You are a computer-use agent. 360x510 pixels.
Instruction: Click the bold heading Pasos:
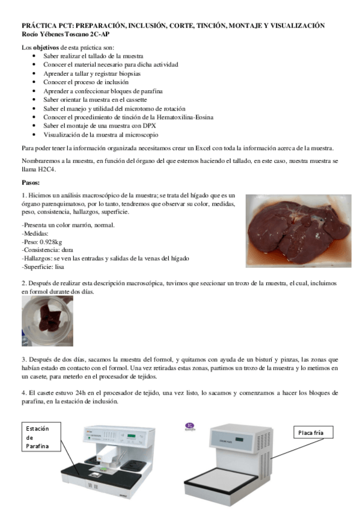coord(32,182)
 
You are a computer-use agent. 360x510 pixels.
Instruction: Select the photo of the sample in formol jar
coord(47,321)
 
